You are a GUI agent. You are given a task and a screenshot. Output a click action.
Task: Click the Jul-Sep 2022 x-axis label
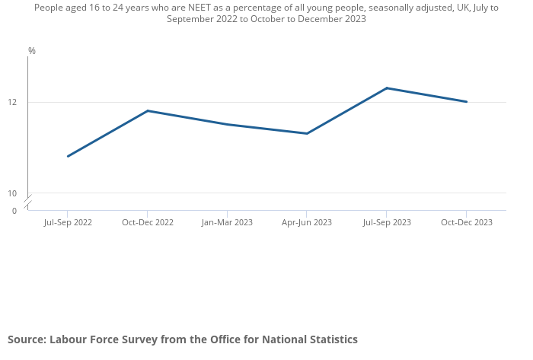coord(68,222)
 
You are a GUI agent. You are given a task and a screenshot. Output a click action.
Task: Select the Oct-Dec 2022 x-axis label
coord(148,222)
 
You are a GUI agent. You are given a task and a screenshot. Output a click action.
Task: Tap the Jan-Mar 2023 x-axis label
coord(227,222)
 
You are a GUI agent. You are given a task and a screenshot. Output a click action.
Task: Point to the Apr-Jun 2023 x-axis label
coord(307,222)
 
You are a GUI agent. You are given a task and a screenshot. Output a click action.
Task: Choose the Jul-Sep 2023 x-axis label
coord(386,222)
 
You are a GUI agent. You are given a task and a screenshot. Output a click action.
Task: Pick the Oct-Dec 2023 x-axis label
coord(466,222)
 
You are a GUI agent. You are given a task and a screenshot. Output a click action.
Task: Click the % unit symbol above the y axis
coord(32,51)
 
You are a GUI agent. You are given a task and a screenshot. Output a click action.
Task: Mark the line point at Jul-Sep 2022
coord(68,156)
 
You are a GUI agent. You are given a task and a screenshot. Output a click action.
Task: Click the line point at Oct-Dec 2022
coord(148,111)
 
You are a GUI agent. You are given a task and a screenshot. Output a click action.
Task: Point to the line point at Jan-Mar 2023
coord(227,124)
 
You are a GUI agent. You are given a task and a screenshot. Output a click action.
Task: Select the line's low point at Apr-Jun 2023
coord(307,133)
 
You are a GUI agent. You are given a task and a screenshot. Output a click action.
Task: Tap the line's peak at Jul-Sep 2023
coord(386,88)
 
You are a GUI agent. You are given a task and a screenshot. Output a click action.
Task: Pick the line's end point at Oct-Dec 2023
coord(466,102)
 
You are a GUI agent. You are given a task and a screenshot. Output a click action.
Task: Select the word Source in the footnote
coord(27,339)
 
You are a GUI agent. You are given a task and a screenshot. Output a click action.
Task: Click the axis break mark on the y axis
coord(28,202)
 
